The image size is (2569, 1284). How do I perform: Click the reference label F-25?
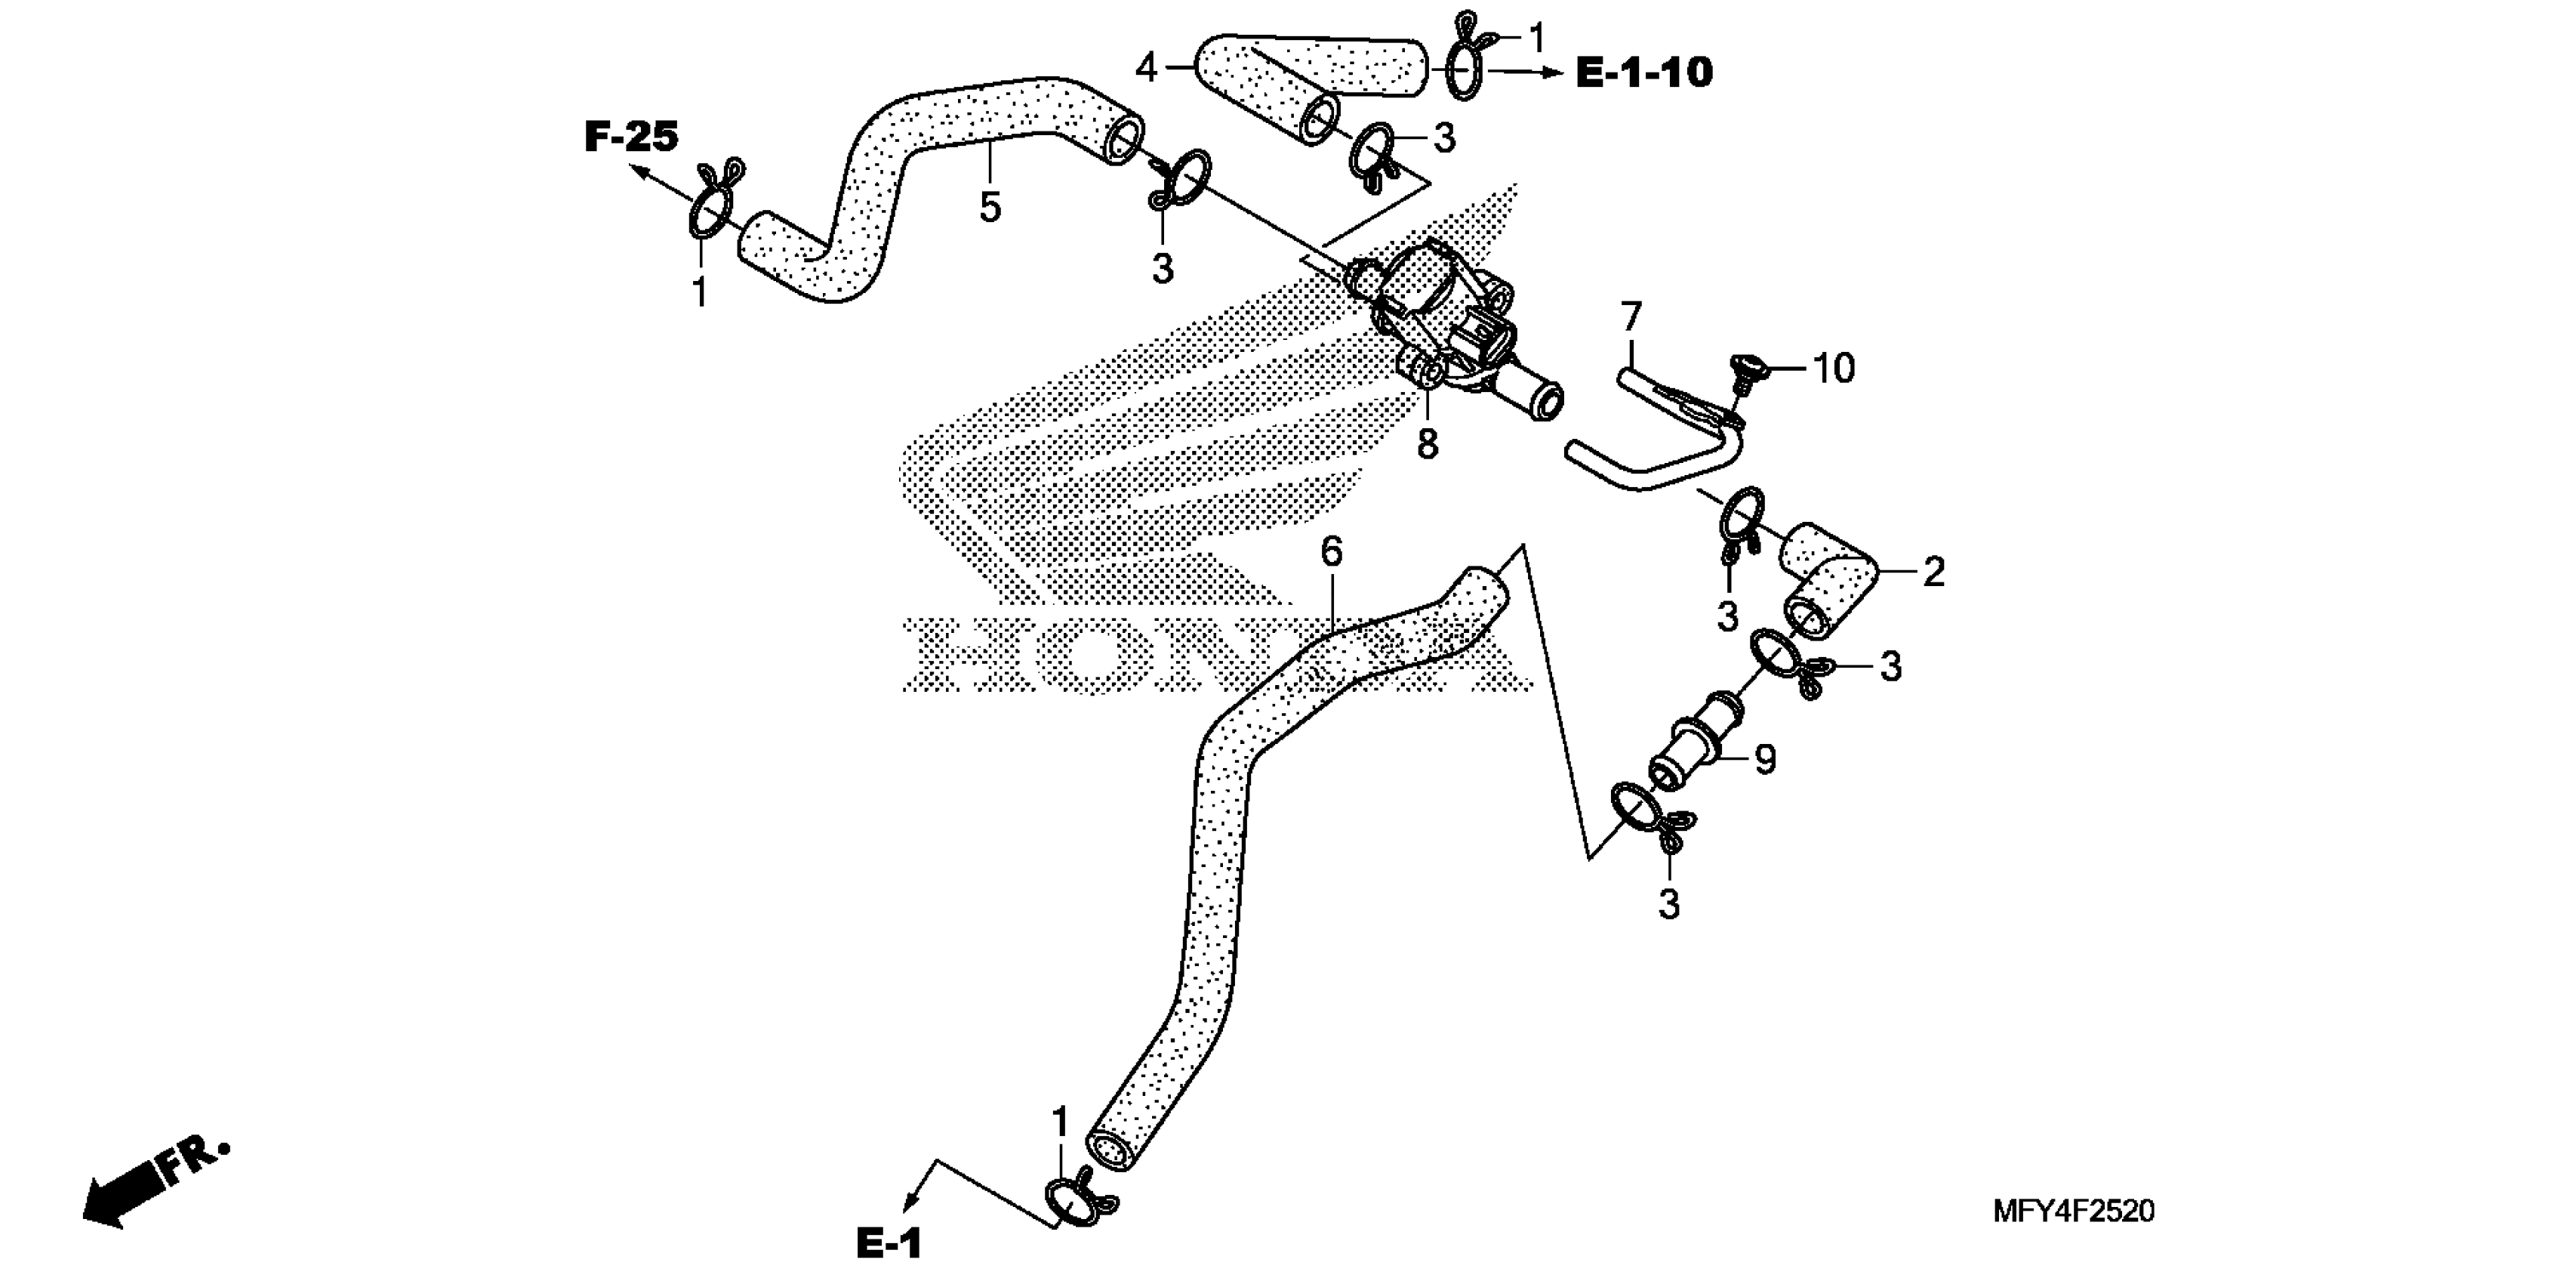[630, 137]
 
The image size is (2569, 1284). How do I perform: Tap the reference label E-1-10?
[1643, 73]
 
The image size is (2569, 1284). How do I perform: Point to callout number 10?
[1833, 369]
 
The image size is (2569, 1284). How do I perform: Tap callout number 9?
[1765, 761]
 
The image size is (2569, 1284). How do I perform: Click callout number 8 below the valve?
[1428, 445]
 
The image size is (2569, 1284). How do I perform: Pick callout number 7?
[1631, 317]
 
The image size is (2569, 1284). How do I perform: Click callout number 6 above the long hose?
[1332, 551]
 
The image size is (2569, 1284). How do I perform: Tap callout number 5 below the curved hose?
[989, 208]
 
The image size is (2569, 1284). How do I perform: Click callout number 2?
[1933, 573]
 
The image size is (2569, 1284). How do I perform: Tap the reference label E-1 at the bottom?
[889, 1244]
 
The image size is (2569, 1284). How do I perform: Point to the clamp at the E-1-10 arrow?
[1466, 62]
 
